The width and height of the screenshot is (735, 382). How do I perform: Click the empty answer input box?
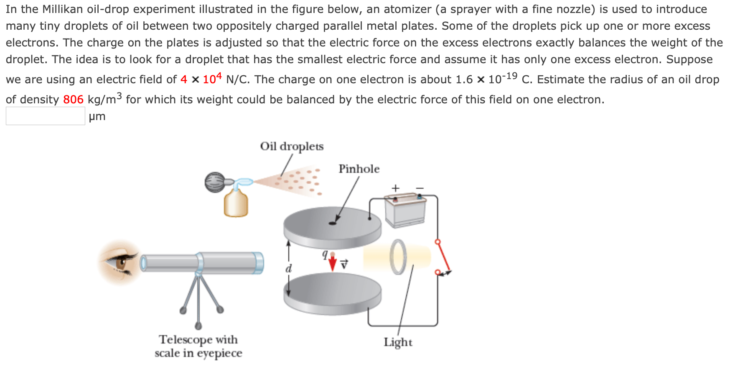click(45, 116)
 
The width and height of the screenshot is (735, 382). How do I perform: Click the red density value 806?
click(73, 100)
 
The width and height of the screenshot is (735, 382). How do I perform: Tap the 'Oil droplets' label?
click(292, 146)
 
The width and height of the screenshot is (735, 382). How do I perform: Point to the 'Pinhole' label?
click(359, 169)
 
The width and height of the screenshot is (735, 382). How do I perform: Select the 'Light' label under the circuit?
click(398, 342)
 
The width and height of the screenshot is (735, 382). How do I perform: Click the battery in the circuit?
click(405, 212)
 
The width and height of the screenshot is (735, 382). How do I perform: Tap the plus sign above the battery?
click(395, 188)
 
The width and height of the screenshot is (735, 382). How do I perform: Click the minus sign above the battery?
click(420, 188)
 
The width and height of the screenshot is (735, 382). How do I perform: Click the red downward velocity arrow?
click(333, 263)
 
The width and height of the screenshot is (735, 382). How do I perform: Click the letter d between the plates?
click(288, 269)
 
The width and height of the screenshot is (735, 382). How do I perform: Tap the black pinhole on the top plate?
click(332, 223)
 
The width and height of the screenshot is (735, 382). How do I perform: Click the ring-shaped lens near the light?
click(398, 256)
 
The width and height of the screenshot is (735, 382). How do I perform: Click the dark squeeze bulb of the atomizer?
click(215, 182)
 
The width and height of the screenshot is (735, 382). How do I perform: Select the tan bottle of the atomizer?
click(236, 204)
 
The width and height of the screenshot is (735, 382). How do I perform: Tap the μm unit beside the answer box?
click(97, 116)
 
